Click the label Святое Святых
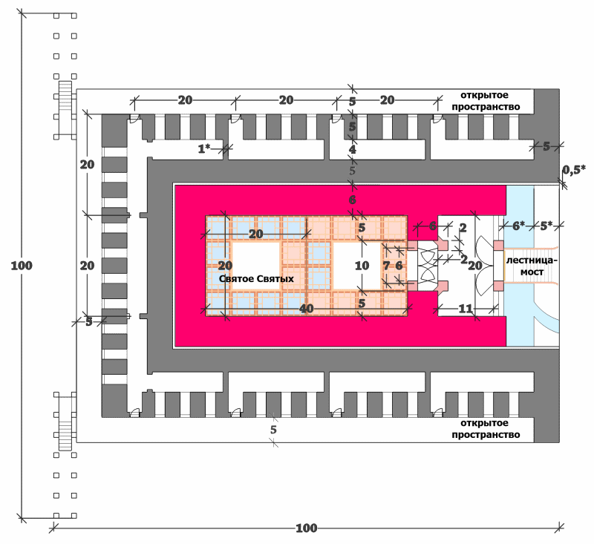coord(256,279)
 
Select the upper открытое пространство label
coord(486,101)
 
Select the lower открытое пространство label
coord(486,429)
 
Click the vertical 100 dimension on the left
coord(22,266)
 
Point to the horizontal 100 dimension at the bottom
coord(306,528)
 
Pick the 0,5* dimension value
coord(573,171)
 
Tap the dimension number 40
coord(307,309)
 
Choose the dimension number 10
coord(362,266)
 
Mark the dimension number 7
coord(386,266)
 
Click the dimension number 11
coord(466,309)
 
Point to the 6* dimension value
coord(518,226)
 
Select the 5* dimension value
coord(546,226)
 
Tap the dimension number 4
coord(352,149)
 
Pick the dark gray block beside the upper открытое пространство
coord(546,102)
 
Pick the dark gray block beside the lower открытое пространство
coord(546,430)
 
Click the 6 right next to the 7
coord(399,266)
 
